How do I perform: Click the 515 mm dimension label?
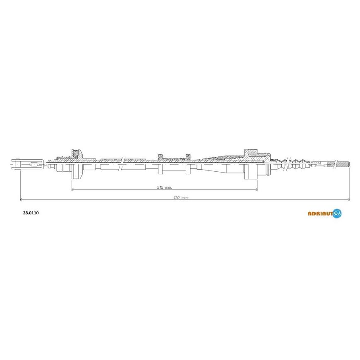(164, 187)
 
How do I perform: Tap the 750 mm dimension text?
(181, 197)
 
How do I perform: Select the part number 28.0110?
(31, 213)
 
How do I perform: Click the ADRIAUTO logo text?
(320, 214)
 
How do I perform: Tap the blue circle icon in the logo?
(337, 213)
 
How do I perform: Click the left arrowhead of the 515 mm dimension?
(73, 190)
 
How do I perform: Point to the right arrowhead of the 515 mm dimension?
(256, 190)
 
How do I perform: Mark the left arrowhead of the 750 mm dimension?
(22, 200)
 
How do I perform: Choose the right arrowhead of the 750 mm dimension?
(348, 200)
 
